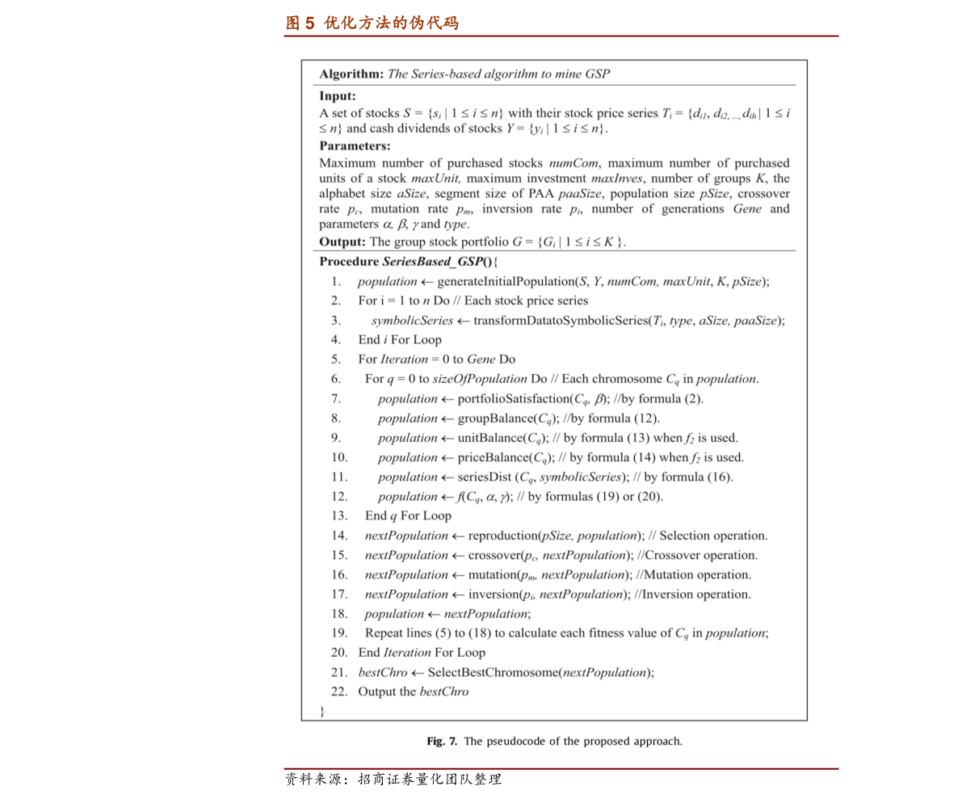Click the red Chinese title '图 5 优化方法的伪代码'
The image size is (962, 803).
pos(372,23)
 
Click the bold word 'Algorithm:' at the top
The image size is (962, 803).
pos(351,74)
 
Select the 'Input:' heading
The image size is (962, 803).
pos(338,96)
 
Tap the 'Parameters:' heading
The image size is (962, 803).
pos(355,146)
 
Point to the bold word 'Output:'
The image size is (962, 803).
pos(342,242)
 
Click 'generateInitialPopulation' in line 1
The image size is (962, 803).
pos(503,282)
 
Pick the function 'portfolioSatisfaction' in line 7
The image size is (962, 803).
pos(513,399)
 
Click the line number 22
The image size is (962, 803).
pos(339,692)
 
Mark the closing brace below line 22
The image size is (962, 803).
pos(321,712)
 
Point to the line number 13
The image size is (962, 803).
pos(339,515)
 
